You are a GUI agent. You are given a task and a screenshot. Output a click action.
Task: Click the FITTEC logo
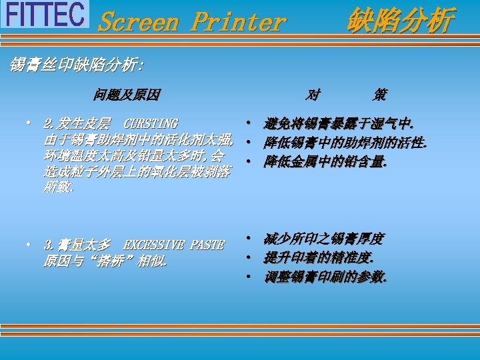[45, 14]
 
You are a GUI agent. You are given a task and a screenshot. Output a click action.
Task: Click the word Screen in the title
[138, 22]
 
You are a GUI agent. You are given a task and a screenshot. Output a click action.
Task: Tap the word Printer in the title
[238, 22]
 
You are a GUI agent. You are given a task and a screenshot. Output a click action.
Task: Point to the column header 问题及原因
[127, 95]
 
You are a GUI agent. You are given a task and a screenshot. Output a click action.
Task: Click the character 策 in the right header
[379, 95]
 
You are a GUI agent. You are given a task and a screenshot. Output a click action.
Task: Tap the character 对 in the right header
[312, 95]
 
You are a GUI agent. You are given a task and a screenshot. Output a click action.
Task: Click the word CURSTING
[151, 124]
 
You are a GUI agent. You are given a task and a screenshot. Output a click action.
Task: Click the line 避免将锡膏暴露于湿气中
[339, 124]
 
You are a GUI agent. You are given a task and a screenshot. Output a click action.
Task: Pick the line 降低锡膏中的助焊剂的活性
[345, 143]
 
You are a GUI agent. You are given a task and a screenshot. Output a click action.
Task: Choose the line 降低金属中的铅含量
[325, 161]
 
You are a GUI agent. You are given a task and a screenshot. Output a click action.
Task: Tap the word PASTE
[207, 245]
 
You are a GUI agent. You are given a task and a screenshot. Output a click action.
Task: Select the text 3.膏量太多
[77, 245]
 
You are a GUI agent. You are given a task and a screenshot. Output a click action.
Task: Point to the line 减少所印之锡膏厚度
[323, 239]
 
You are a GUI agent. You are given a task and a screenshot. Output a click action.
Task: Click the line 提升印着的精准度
[319, 258]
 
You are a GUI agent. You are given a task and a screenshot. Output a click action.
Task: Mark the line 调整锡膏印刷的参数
[325, 277]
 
